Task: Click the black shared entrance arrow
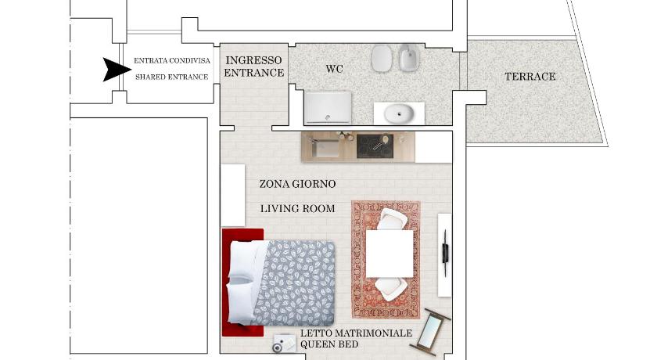click(115, 69)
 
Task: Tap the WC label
click(335, 69)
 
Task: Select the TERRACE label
click(530, 77)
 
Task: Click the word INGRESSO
click(253, 60)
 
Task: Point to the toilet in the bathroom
click(382, 58)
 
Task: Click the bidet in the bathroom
click(408, 57)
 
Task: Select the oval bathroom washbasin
click(399, 113)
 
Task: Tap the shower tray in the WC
click(328, 107)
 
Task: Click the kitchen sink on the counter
click(325, 147)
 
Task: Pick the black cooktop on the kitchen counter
click(375, 146)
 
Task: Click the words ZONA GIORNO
click(297, 184)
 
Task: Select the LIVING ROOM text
click(297, 209)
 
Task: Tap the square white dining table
click(390, 254)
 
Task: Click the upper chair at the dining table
click(392, 219)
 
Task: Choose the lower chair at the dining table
click(391, 288)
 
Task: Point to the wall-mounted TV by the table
click(445, 253)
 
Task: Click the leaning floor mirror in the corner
click(430, 329)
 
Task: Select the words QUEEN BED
click(329, 344)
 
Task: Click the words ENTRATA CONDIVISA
click(172, 61)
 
